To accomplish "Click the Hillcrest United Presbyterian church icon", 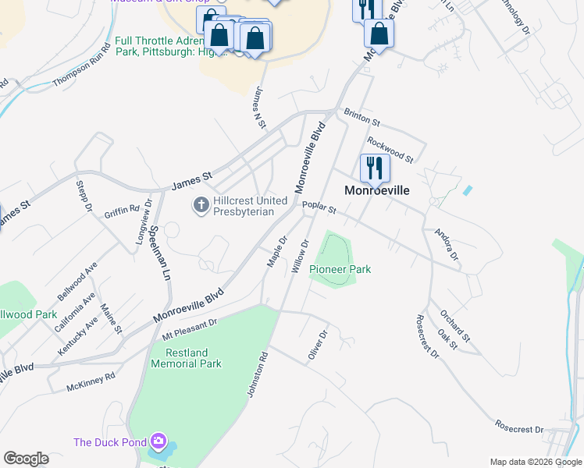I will click(x=201, y=205).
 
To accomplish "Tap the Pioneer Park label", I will click(x=340, y=269).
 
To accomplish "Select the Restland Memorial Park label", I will click(x=187, y=358).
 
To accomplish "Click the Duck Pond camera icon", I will click(x=160, y=442).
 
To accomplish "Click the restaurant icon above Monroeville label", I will click(x=375, y=168).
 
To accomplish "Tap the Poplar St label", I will click(x=321, y=208).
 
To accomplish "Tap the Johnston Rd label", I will click(x=258, y=375).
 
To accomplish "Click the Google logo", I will click(x=26, y=459).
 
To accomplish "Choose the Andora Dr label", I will click(x=447, y=244).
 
